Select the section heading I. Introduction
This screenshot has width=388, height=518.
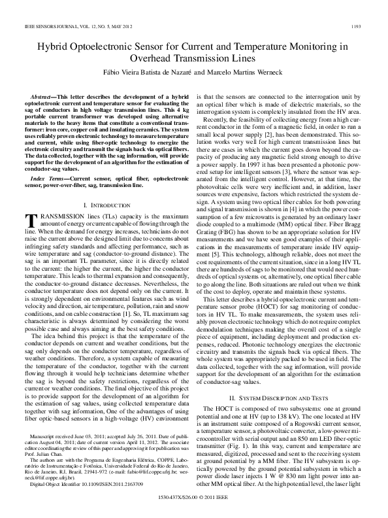109,187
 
